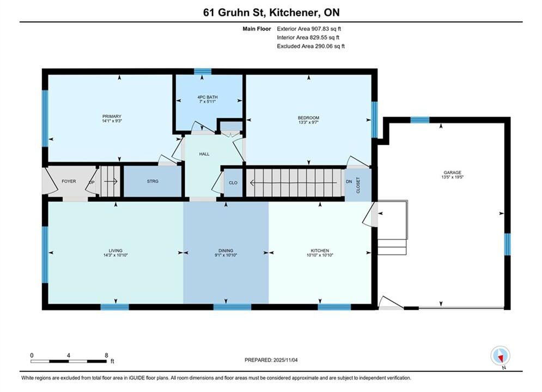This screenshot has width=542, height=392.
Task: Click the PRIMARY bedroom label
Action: [x=112, y=117]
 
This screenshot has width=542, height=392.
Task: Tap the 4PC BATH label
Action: [x=208, y=97]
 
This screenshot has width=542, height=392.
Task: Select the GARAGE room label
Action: [x=453, y=173]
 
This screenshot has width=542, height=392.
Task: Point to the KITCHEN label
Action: [x=320, y=250]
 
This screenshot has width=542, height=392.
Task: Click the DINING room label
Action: [x=226, y=250]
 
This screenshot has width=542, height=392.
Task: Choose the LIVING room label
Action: [x=115, y=250]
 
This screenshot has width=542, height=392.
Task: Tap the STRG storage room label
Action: [x=153, y=181]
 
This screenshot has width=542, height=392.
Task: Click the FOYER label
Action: [x=69, y=181]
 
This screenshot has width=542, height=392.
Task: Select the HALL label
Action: [x=204, y=154]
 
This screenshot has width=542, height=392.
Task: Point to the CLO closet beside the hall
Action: [x=233, y=183]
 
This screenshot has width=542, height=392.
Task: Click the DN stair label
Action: [x=349, y=181]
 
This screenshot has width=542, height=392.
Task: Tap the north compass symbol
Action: [x=500, y=356]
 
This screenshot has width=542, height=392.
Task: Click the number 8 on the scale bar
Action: [x=106, y=355]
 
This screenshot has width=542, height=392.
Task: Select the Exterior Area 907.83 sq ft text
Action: [x=309, y=29]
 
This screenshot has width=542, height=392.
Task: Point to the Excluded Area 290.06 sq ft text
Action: [x=310, y=46]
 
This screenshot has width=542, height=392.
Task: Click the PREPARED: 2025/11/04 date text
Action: [x=271, y=360]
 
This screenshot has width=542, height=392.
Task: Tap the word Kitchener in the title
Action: [x=293, y=13]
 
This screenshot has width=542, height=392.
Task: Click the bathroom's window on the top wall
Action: [x=203, y=71]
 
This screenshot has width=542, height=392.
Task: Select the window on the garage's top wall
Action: [x=419, y=120]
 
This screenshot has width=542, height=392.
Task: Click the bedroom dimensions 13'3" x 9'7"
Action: [x=308, y=122]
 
